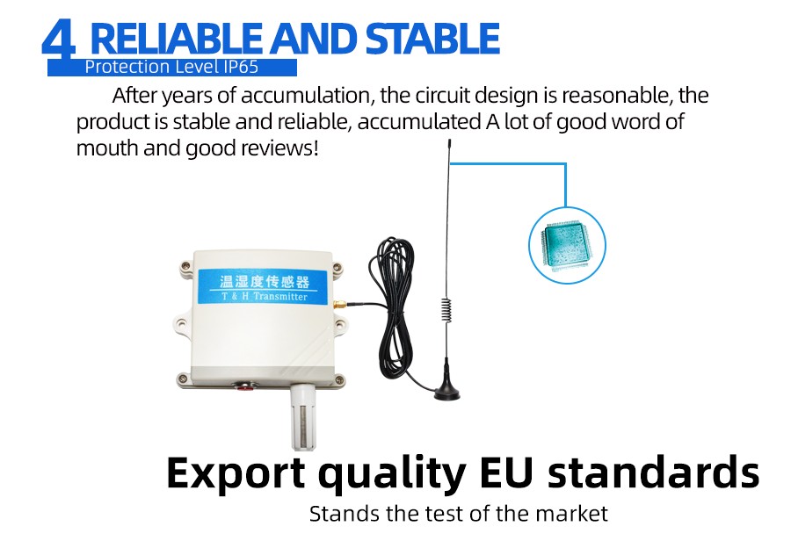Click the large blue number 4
tap(59, 40)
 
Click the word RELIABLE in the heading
tap(176, 39)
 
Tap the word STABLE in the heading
tap(432, 39)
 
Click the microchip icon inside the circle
tap(567, 246)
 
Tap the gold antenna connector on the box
tap(339, 305)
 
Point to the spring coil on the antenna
tap(446, 308)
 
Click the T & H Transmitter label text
tap(265, 297)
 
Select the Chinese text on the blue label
tap(265, 280)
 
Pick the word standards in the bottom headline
tap(653, 472)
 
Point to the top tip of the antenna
tap(449, 141)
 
